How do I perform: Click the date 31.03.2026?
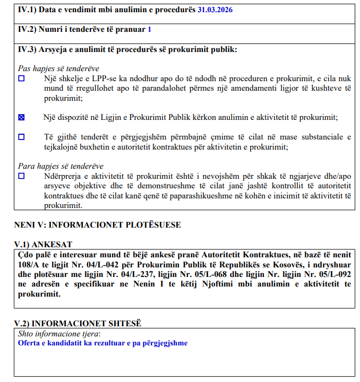pyautogui.click(x=215, y=10)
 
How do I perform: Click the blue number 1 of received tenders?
pyautogui.click(x=150, y=30)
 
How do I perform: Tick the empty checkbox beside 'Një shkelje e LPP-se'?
pyautogui.click(x=22, y=79)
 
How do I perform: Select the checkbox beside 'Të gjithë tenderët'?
pyautogui.click(x=22, y=137)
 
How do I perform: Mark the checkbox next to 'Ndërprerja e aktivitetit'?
pyautogui.click(x=22, y=176)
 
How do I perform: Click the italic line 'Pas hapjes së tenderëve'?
pyautogui.click(x=58, y=68)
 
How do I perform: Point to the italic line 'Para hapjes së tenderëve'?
pyautogui.click(x=61, y=166)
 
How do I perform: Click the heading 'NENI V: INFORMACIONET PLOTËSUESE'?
pyautogui.click(x=97, y=224)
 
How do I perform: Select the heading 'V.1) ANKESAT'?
pyautogui.click(x=44, y=244)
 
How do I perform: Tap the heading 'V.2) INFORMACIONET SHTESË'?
pyautogui.click(x=79, y=323)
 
